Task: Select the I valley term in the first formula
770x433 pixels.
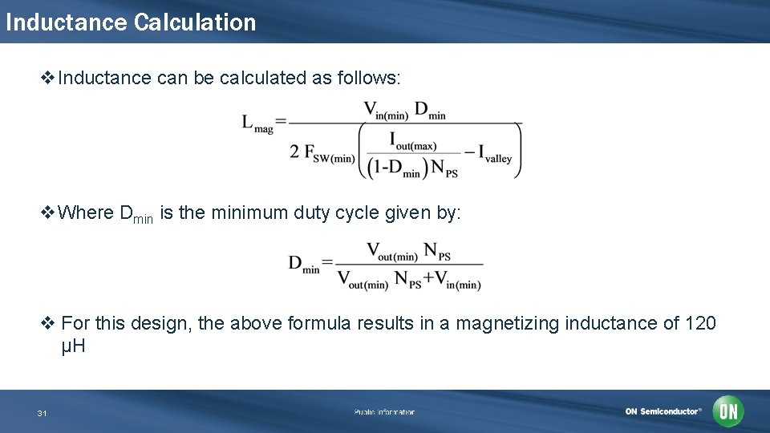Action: (x=494, y=153)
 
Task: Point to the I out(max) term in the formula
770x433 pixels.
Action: (x=413, y=141)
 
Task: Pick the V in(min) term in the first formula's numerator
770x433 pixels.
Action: (x=386, y=111)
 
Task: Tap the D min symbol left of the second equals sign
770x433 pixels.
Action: (x=304, y=264)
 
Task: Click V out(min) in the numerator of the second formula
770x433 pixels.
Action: (x=391, y=253)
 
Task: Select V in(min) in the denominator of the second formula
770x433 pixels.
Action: (x=458, y=281)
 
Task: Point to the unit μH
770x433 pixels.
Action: (x=73, y=347)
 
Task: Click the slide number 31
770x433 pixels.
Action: (x=42, y=413)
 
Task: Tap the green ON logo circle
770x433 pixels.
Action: (x=728, y=411)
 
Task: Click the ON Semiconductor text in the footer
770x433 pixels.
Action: (x=663, y=411)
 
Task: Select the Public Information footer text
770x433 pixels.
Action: (x=384, y=412)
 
